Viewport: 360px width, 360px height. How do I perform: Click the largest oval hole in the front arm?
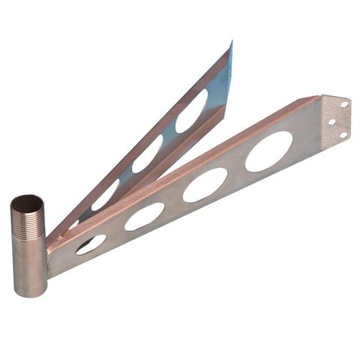pos(268,151)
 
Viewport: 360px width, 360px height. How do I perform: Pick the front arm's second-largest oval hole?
pos(205,184)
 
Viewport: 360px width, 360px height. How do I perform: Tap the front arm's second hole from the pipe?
pos(144,216)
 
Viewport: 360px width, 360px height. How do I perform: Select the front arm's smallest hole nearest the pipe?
pos(91,244)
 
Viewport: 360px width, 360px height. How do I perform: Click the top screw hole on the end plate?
pos(343,104)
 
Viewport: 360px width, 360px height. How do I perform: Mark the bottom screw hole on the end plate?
pos(343,135)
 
